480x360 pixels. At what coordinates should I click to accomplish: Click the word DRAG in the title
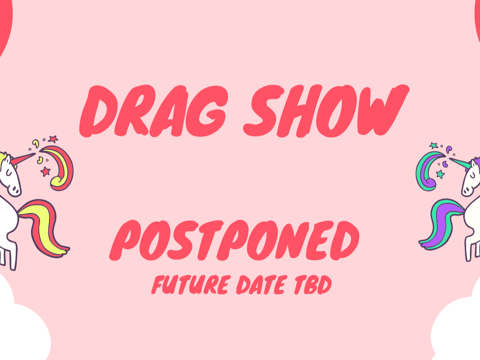pos(153,111)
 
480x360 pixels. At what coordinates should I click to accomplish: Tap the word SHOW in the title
pos(326,111)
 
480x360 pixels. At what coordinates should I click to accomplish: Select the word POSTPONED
pos(234,240)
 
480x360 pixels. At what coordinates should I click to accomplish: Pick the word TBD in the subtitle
pos(313,285)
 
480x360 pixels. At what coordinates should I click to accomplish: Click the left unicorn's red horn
pos(23,159)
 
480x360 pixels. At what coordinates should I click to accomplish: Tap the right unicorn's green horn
pos(459,163)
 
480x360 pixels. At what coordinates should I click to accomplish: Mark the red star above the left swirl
pos(53,139)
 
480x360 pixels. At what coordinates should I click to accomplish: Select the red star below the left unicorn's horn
pos(46,172)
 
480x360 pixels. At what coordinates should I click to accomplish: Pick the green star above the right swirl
pos(434,145)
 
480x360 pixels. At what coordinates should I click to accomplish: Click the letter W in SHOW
pos(383,110)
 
